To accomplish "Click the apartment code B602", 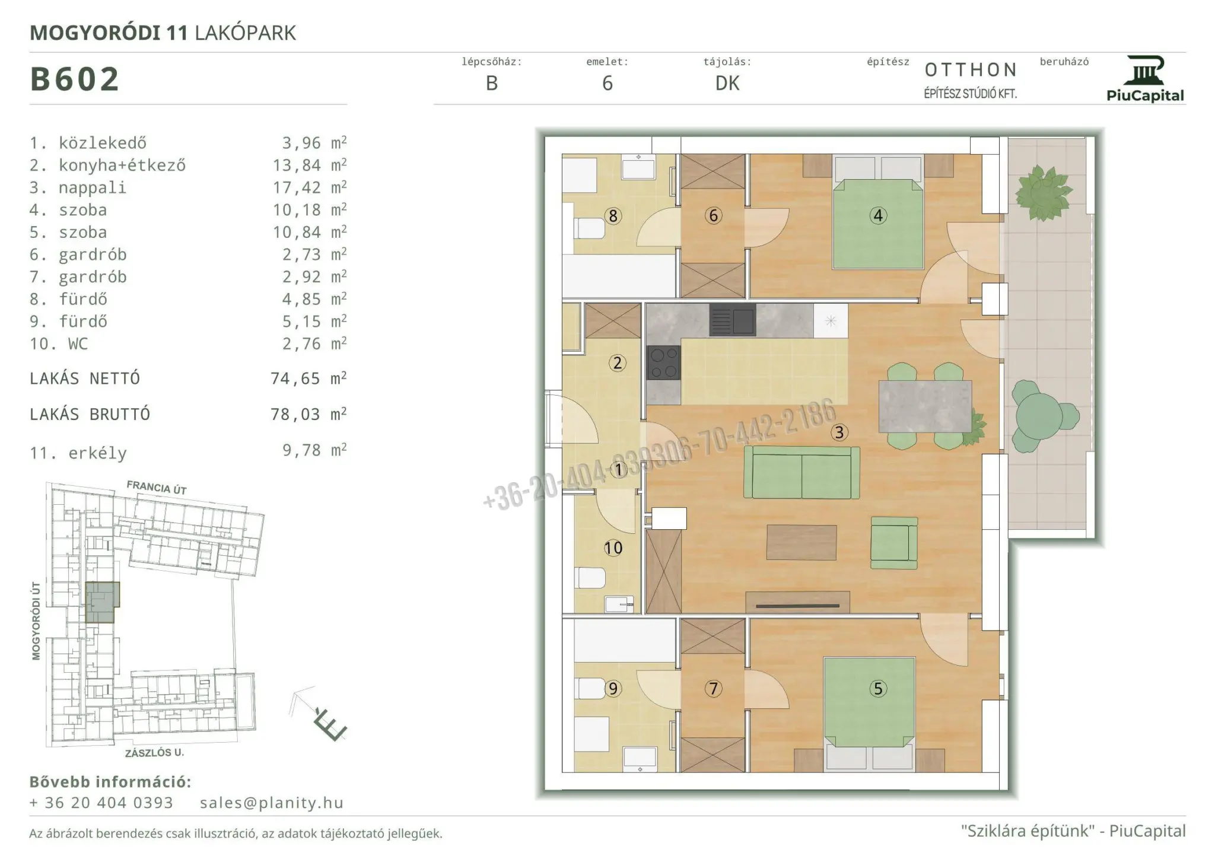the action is tap(75, 79).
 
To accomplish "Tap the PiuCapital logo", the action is tap(1145, 79).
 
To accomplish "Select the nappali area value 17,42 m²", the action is tap(309, 187).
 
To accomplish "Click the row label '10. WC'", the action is tap(59, 344).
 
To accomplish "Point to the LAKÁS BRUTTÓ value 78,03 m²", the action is tap(308, 413).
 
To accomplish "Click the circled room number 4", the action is tap(878, 215).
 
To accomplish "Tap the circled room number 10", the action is tap(613, 548).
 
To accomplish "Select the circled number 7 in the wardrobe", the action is tap(713, 689).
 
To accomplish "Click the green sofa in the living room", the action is tap(801, 472).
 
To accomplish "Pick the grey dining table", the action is tap(925, 406).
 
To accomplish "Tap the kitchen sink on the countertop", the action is tap(733, 320).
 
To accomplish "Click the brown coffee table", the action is tap(801, 542).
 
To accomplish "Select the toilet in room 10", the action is tap(590, 578).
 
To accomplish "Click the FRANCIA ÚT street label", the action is tap(157, 488).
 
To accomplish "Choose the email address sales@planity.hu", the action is tap(272, 803).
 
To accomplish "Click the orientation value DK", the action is tap(727, 84).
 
